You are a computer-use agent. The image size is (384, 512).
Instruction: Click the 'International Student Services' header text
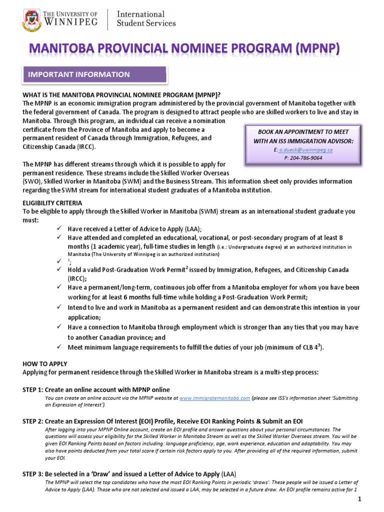[x=146, y=18]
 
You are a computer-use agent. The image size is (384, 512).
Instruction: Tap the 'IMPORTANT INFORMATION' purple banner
[x=77, y=74]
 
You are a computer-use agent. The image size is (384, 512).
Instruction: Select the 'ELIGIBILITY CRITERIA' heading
[x=52, y=203]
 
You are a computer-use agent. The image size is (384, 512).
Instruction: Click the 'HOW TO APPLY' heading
[x=45, y=364]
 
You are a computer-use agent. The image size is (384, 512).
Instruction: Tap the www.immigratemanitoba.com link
[x=214, y=398]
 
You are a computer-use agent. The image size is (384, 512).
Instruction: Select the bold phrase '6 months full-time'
[x=144, y=297]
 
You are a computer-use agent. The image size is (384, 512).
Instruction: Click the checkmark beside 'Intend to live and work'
[x=59, y=307]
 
